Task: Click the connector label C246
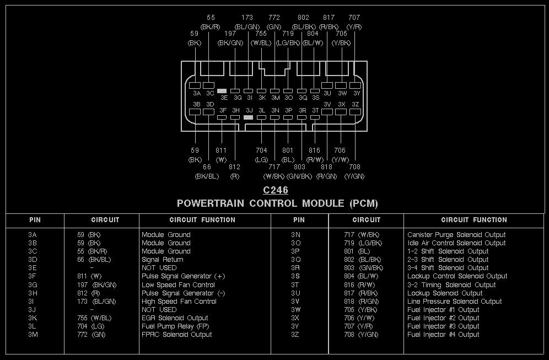click(x=275, y=190)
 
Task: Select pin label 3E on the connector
click(x=224, y=98)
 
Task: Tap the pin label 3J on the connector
click(x=249, y=110)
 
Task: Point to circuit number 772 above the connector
click(x=274, y=18)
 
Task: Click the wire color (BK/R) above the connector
click(x=210, y=26)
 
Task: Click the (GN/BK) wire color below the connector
click(x=299, y=176)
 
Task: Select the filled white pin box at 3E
click(x=222, y=90)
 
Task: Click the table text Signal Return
click(x=162, y=260)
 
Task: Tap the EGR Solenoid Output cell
click(x=175, y=318)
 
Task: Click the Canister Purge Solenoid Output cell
click(x=456, y=235)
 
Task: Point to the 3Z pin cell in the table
click(x=296, y=335)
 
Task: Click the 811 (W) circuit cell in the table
click(x=89, y=276)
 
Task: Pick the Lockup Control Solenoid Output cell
click(x=457, y=276)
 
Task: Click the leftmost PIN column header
click(x=35, y=220)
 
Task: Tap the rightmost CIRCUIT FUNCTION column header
click(x=474, y=220)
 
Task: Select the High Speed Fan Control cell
click(x=179, y=302)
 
